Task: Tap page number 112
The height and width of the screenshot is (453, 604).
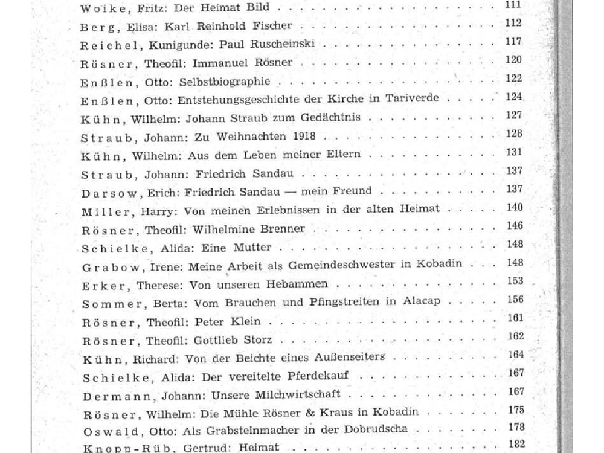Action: (x=513, y=24)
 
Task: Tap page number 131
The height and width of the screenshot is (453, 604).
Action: (x=513, y=153)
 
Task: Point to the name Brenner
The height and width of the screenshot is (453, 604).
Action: (x=283, y=229)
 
